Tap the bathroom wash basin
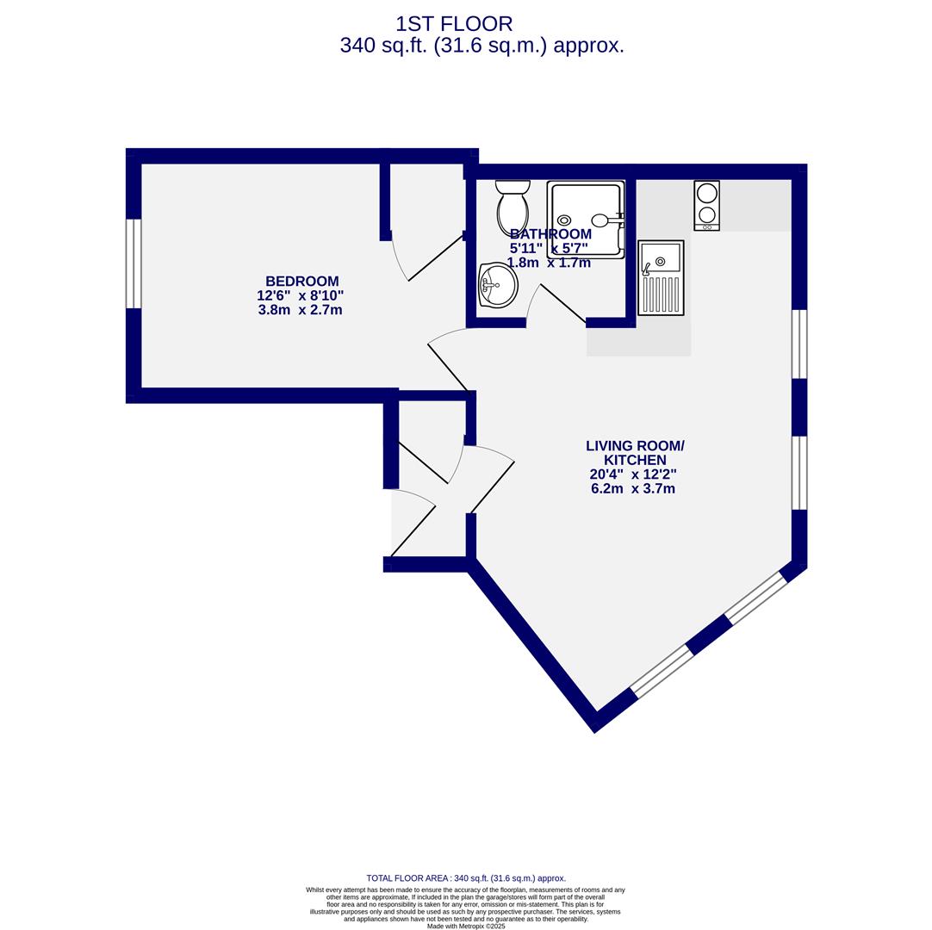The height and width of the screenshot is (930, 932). click(499, 285)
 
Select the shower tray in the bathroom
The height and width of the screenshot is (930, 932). click(586, 220)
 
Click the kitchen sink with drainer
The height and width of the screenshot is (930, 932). click(661, 277)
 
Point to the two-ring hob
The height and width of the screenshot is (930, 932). click(706, 205)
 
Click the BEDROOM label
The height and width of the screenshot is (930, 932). click(301, 282)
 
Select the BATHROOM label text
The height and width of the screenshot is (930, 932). click(550, 234)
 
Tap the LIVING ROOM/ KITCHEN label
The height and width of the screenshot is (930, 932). click(634, 453)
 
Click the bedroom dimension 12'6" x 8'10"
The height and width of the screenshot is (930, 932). click(300, 295)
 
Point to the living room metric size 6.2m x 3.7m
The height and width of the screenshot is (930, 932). click(632, 489)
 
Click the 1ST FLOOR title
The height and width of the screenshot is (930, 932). click(454, 24)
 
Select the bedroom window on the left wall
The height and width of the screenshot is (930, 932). click(134, 263)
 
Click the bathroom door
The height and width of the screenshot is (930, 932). click(562, 303)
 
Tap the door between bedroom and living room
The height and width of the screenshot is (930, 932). click(448, 367)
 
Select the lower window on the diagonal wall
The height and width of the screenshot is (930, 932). click(662, 671)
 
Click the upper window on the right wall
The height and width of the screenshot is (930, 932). click(799, 344)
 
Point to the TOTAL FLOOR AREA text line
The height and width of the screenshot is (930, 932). click(466, 878)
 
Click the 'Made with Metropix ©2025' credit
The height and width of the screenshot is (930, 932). click(466, 927)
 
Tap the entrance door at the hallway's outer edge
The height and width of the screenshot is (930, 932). click(413, 530)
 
